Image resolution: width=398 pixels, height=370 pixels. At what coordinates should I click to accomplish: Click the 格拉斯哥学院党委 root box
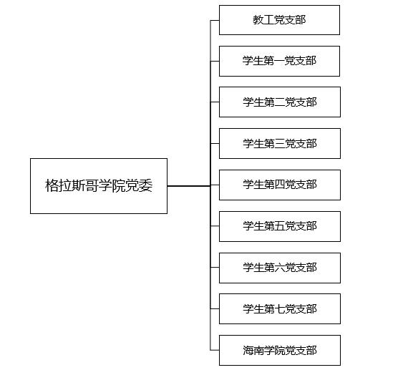(x=99, y=186)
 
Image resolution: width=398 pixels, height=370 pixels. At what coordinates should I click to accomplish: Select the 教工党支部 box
(x=279, y=20)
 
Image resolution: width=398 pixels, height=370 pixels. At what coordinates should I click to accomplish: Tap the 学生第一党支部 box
(x=279, y=61)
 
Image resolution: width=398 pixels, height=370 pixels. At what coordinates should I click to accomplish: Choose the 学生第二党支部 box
(x=280, y=102)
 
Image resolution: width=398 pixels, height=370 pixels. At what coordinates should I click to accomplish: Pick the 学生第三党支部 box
(x=280, y=144)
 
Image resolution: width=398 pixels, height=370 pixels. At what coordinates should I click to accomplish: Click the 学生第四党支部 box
(x=280, y=185)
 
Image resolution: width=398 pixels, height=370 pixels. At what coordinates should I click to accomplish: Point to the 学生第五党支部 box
(x=280, y=226)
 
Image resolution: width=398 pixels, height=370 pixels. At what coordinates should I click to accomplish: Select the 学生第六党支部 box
(x=280, y=268)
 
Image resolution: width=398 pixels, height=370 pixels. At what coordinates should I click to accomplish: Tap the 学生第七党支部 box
(x=280, y=309)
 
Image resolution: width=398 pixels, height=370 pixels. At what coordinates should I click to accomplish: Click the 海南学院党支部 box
(x=280, y=350)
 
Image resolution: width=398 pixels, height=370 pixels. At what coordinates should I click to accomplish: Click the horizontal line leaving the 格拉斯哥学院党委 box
(x=189, y=186)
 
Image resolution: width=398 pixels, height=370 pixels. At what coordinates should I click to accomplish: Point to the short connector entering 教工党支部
(x=215, y=20)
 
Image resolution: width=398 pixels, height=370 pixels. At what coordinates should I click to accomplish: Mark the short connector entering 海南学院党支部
(x=215, y=350)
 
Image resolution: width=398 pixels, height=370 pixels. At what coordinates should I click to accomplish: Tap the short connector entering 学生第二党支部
(x=215, y=102)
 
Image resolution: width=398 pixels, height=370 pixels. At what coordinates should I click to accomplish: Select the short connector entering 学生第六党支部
(x=215, y=267)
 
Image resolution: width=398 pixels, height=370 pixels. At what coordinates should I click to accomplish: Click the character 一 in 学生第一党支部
(x=279, y=61)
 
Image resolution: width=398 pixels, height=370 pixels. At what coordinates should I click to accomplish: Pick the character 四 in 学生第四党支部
(x=280, y=185)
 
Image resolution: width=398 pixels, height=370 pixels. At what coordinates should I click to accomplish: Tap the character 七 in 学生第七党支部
(x=280, y=309)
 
